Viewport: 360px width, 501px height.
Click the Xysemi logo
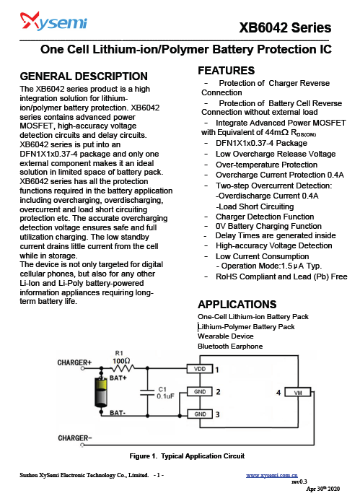[x=53, y=21]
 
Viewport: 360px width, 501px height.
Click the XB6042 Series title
[x=285, y=28]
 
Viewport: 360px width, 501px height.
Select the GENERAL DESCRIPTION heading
[x=84, y=77]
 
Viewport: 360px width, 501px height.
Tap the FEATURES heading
[x=226, y=70]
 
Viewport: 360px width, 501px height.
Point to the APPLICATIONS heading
[x=237, y=304]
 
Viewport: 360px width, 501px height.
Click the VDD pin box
[x=200, y=369]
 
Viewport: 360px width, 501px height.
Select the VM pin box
[x=298, y=393]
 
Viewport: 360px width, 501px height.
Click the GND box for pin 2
[x=200, y=391]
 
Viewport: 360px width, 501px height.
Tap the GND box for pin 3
[x=200, y=414]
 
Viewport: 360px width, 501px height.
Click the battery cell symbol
[x=101, y=392]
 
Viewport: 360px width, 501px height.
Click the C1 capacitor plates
[x=147, y=393]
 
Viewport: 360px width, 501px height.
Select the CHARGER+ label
[x=74, y=362]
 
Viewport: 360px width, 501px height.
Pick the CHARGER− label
[x=75, y=438]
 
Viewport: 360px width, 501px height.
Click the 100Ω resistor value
[x=121, y=361]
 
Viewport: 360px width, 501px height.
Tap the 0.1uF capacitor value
[x=165, y=396]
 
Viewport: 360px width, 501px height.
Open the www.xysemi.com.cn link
[x=272, y=475]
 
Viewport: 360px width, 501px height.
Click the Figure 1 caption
[x=187, y=456]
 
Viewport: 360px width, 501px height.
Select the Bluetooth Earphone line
[x=230, y=347]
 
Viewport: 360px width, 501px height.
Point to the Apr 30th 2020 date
[x=323, y=489]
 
